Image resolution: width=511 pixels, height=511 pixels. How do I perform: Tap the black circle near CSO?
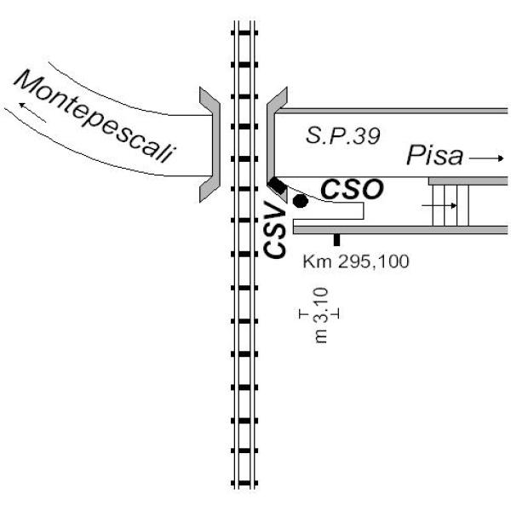click(x=300, y=201)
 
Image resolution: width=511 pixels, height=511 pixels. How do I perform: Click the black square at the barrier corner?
click(x=278, y=186)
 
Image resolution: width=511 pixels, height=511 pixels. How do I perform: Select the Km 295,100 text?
click(x=356, y=261)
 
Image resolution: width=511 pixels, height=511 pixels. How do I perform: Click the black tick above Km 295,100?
click(x=337, y=240)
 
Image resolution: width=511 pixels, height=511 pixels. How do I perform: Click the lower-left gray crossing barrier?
click(x=210, y=187)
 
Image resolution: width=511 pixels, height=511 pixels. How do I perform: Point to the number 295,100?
click(x=371, y=261)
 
